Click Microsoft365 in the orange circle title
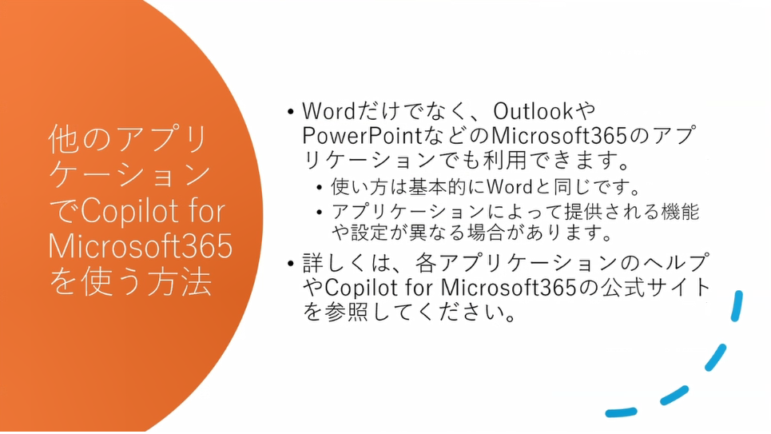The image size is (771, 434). click(x=140, y=246)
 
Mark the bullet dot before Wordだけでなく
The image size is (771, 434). click(x=291, y=110)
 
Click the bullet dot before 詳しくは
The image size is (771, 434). click(x=291, y=263)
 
